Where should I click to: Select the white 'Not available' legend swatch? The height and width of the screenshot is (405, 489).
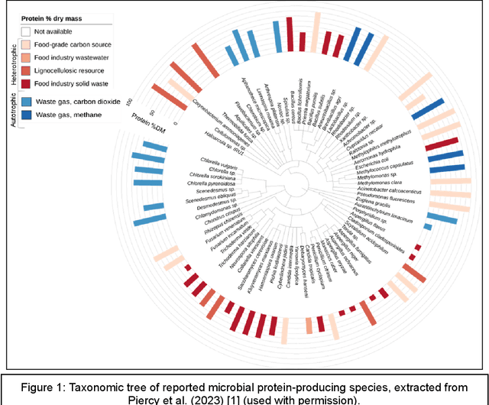tap(26, 32)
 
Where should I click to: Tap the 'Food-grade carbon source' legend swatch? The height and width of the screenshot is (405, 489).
tap(26, 45)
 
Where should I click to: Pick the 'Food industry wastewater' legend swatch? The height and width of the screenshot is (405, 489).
tap(26, 58)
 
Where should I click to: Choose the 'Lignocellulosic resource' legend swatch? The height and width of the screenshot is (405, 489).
tap(26, 71)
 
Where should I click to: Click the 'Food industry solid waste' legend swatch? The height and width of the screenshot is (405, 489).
tap(26, 84)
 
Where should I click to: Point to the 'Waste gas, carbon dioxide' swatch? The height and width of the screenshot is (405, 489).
tap(26, 101)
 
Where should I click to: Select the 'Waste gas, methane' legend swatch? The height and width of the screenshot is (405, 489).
tap(26, 115)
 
